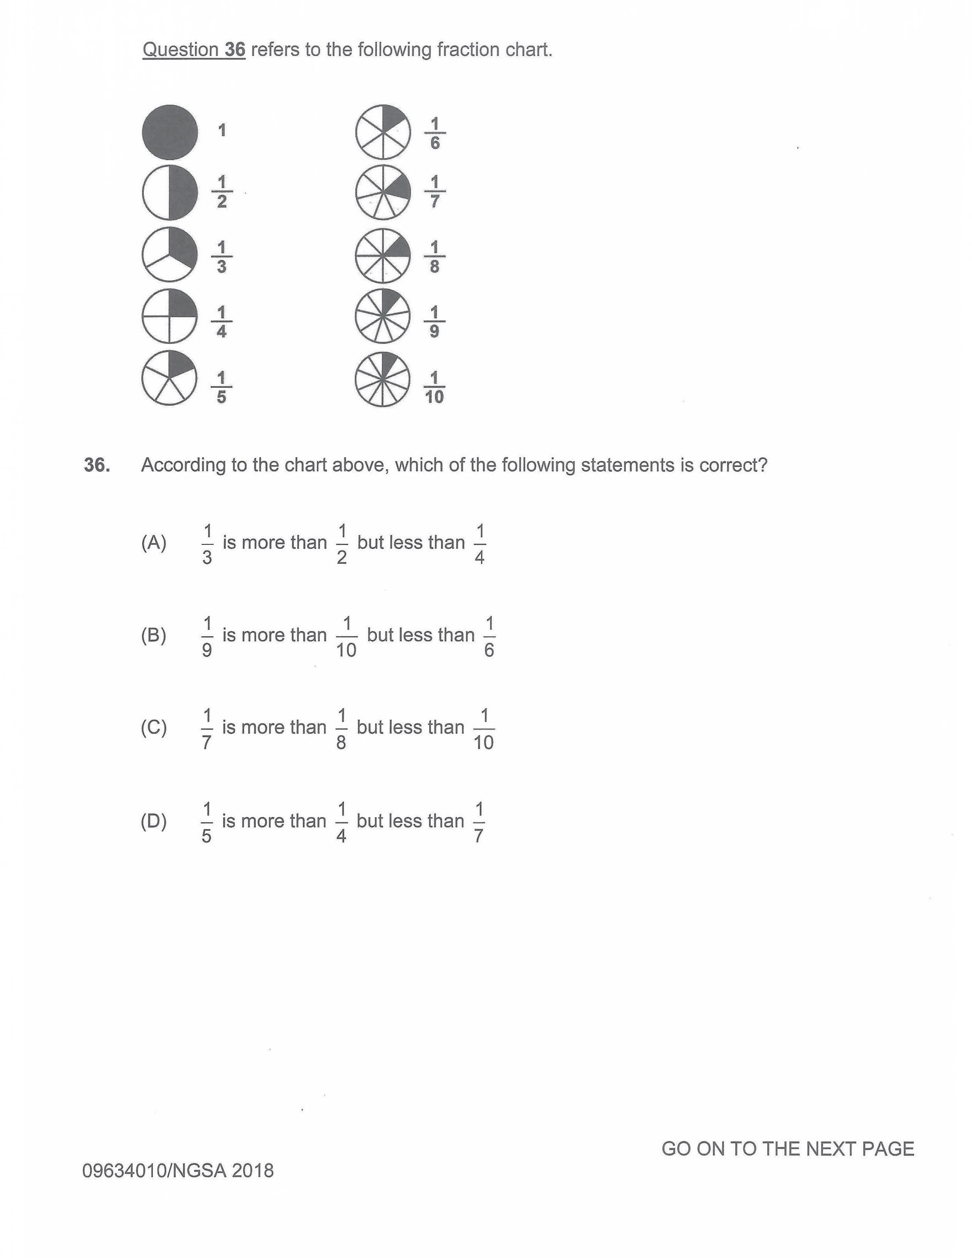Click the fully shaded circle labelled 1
click(170, 132)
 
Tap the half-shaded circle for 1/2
click(170, 193)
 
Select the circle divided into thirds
click(170, 255)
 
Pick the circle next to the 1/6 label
click(383, 132)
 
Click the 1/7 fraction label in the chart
click(435, 192)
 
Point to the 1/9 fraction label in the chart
click(435, 321)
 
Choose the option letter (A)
click(154, 542)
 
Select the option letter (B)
click(154, 635)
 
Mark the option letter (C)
click(154, 727)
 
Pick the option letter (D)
click(154, 821)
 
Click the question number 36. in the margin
click(97, 465)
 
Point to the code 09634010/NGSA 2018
click(178, 1170)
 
